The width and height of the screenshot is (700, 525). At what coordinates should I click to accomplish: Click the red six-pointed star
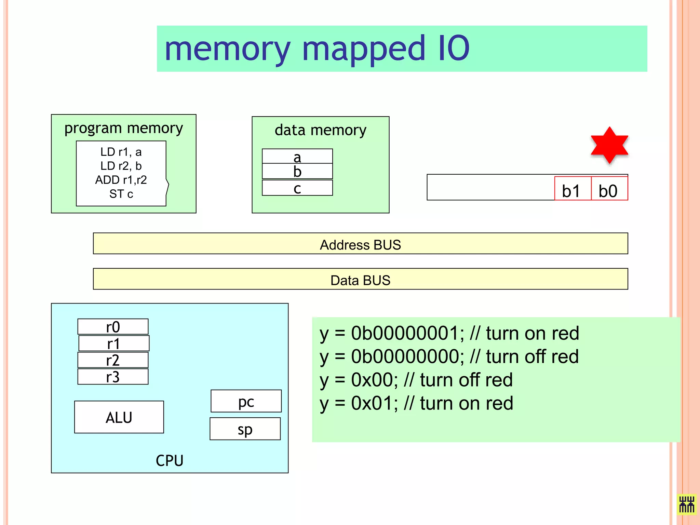pos(609,145)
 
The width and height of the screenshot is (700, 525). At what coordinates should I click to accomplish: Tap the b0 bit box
pos(609,189)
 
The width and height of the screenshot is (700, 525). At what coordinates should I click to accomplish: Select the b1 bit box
pos(572,189)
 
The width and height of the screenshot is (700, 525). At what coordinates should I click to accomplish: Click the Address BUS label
pos(360,245)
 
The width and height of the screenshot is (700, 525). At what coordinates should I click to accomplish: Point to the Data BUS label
pos(360,280)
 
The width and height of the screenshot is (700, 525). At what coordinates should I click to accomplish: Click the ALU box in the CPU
pos(119,417)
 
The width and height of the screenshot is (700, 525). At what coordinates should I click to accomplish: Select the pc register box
pos(246,401)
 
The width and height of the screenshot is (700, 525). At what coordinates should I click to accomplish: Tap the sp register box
pos(245,429)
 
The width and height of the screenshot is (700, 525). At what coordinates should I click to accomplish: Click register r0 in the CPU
pos(113,327)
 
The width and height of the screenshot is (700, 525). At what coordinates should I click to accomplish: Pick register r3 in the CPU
pos(113,377)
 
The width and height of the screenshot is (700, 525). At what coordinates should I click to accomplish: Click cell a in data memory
pos(297,157)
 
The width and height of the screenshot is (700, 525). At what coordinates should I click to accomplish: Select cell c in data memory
pos(297,188)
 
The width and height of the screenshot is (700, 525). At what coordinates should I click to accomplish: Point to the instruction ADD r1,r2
pos(121,180)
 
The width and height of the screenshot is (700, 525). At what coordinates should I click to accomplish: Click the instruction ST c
pos(121,194)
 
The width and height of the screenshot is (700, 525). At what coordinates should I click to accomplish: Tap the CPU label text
pos(170,460)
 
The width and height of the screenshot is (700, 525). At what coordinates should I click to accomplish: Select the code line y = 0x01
pos(416,403)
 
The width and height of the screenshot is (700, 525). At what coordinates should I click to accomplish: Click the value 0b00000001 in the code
pos(407,333)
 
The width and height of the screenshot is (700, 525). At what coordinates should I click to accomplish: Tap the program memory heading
pos(124,128)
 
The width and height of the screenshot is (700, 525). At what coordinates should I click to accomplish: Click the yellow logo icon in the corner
pos(686,504)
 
